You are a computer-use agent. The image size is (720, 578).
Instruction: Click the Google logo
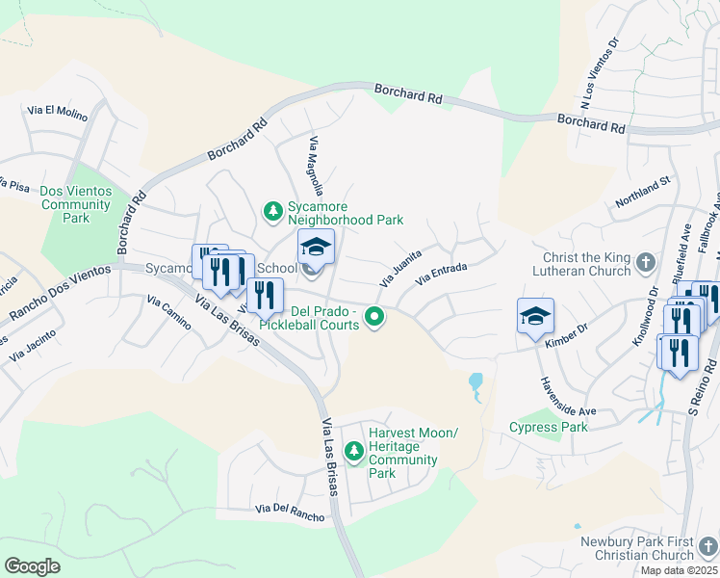coord(33,566)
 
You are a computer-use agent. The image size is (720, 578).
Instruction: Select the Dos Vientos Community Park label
coord(76,204)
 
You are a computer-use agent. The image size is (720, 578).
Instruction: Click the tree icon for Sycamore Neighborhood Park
coord(273,210)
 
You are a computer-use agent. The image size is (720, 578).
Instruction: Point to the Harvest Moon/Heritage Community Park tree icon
coord(354,450)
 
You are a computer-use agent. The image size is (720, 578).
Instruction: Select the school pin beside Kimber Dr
coord(535,316)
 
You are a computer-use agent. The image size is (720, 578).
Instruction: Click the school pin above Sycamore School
coord(315,247)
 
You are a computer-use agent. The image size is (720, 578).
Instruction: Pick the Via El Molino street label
coord(58,113)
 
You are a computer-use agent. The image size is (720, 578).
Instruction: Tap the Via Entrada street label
coord(440,273)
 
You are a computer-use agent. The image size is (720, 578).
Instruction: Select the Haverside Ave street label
coord(567,396)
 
